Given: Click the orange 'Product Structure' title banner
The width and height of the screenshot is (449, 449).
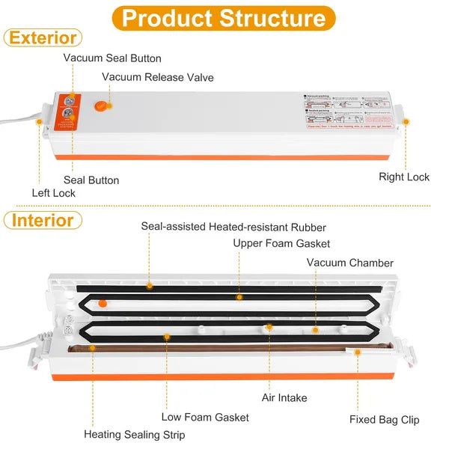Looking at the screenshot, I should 224,18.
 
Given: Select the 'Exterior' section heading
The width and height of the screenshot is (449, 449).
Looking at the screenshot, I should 43,37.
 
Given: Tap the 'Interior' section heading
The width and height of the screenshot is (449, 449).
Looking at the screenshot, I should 43,220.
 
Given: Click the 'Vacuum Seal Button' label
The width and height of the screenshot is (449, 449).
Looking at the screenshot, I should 112,58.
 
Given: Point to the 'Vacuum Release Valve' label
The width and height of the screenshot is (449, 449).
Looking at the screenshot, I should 158,77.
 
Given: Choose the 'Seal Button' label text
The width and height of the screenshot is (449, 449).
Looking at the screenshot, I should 91,180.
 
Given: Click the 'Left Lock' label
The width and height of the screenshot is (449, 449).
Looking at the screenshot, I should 53,193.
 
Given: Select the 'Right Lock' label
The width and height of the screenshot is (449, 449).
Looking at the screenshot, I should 404,177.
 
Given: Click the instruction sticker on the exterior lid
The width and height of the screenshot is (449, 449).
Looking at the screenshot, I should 349,109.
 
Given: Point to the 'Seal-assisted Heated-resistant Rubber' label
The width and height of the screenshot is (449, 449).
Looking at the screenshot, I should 233,226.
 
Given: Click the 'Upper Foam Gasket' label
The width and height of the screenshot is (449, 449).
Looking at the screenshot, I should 281,243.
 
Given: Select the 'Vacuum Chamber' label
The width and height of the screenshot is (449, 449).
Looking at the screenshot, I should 349,263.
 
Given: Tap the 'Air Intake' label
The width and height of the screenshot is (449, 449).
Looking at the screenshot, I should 284,398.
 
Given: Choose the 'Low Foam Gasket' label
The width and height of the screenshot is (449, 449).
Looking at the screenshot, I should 205,417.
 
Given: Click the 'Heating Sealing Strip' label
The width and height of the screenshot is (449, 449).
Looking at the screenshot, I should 135,434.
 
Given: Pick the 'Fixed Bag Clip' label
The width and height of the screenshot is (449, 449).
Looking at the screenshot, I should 385,420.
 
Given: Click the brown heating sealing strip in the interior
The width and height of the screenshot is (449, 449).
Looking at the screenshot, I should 224,348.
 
